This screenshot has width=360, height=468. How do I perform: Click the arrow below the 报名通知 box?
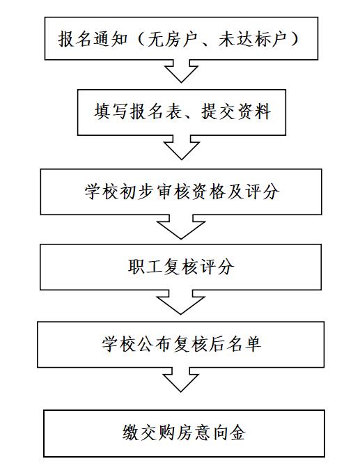pos(181,71)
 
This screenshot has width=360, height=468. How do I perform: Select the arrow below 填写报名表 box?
pos(182,147)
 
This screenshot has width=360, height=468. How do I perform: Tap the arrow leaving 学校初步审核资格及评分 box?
pos(181,227)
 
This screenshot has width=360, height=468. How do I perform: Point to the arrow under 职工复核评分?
pos(180,302)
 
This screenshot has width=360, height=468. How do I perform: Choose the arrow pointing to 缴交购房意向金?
pos(181,380)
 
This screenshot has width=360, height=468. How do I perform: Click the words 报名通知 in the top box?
pos(93,39)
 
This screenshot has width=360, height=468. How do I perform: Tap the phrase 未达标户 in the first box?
pos(253,39)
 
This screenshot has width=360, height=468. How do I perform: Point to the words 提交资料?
pos(236,111)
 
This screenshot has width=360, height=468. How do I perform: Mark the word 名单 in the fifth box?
pos(244,344)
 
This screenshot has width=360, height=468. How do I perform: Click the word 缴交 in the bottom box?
pos(139,432)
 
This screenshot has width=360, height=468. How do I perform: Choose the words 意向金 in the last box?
pos(219,432)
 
